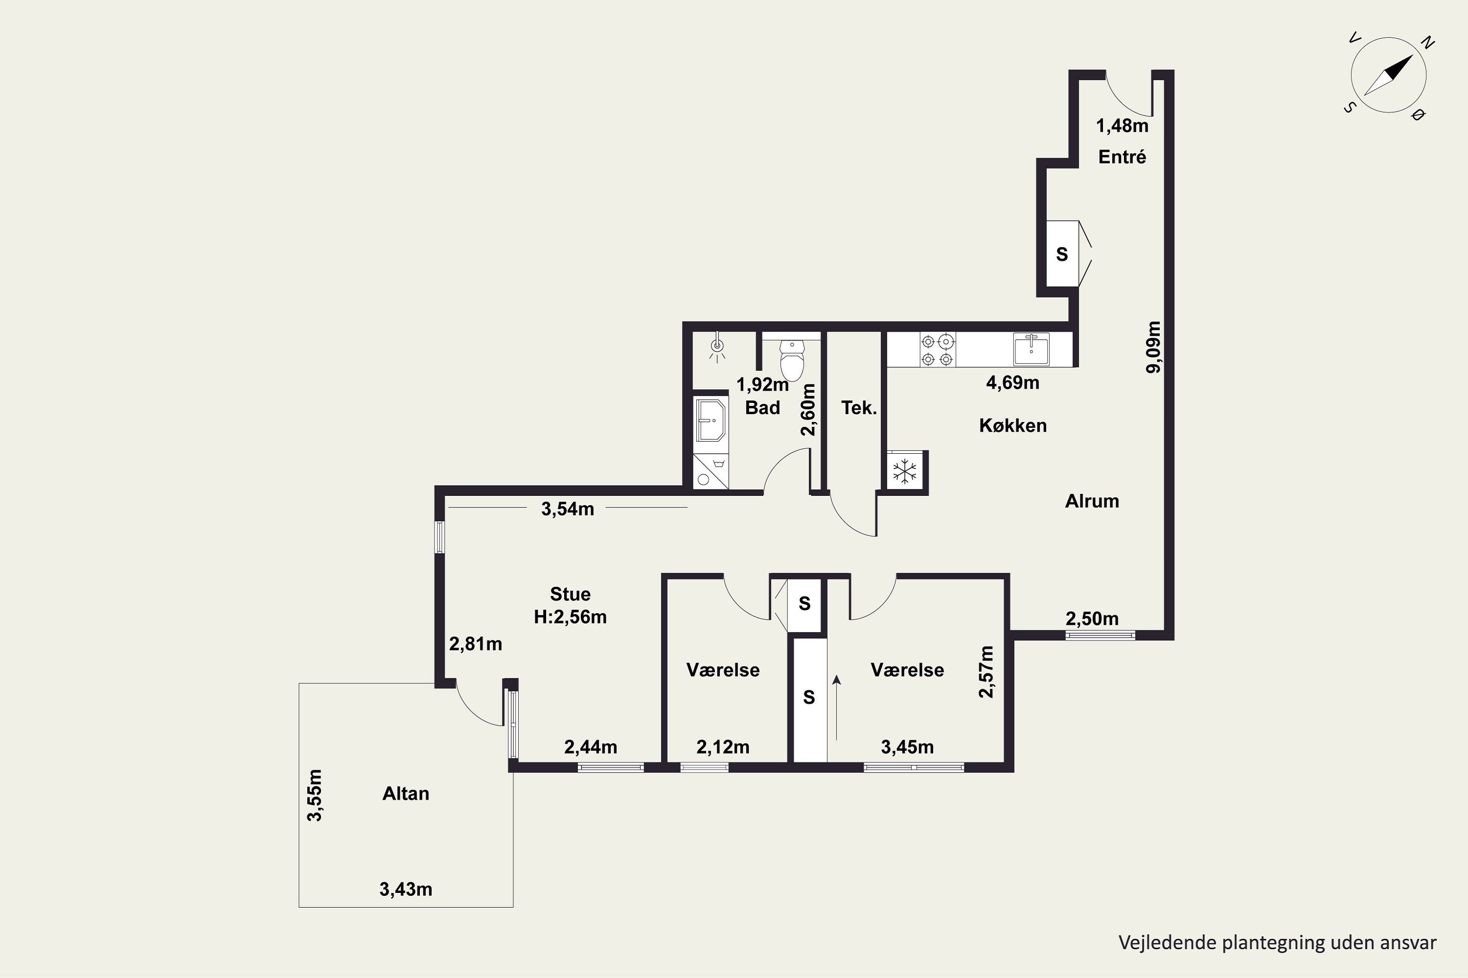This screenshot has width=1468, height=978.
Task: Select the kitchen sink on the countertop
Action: (x=1031, y=349)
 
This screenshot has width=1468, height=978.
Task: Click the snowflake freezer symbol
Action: (x=904, y=471)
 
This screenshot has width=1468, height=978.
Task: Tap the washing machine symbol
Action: (x=711, y=471)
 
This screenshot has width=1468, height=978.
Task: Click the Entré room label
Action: (x=1122, y=156)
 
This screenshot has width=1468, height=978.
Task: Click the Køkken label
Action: (x=1012, y=425)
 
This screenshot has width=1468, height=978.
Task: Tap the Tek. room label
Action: (x=859, y=408)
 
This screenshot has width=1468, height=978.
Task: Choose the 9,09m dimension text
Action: (x=1153, y=347)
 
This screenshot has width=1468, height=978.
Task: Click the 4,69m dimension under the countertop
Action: (x=1012, y=382)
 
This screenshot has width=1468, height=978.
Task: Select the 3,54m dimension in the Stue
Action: (x=567, y=509)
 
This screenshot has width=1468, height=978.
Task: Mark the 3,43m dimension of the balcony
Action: (x=406, y=889)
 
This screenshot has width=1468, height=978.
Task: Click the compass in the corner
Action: (x=1388, y=75)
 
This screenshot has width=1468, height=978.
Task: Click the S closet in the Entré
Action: (x=1062, y=254)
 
